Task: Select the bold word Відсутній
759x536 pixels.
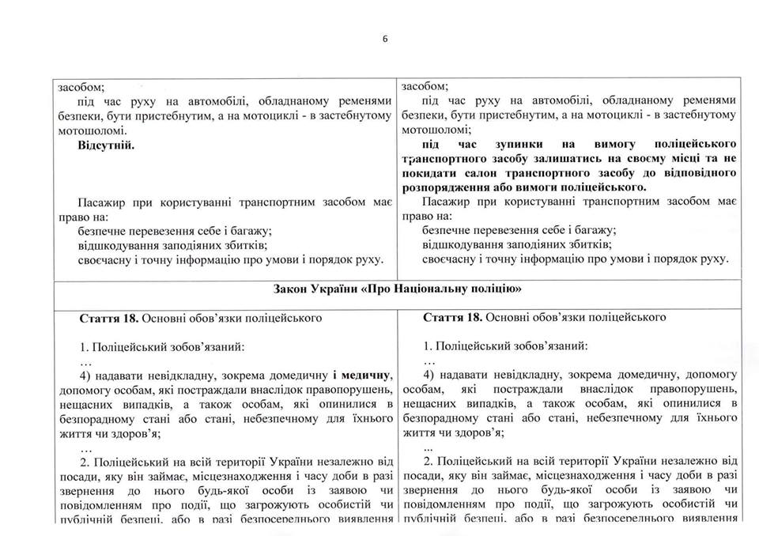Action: (107, 146)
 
